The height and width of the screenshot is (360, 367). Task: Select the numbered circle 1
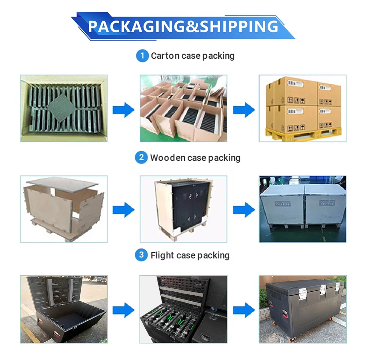click(142, 56)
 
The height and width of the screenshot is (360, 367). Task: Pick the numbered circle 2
click(141, 158)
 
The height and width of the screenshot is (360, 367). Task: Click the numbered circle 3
click(141, 255)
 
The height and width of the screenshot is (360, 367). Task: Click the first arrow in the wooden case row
click(123, 210)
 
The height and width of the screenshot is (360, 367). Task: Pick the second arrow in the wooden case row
click(244, 210)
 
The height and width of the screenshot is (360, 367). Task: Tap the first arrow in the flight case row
click(123, 310)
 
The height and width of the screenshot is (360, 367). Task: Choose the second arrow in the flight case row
click(244, 310)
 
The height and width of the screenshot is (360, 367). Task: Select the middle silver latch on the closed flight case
click(323, 292)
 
